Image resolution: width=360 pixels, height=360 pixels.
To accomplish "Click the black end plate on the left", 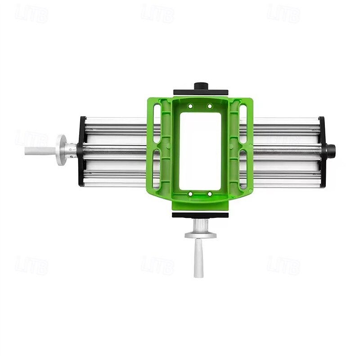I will pyautogui.click(x=82, y=151).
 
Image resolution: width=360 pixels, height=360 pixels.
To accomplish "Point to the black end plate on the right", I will pyautogui.click(x=321, y=150).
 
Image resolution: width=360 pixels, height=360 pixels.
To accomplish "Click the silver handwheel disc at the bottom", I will pyautogui.click(x=200, y=235).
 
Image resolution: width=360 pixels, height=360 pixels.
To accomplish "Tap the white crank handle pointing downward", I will pyautogui.click(x=198, y=259).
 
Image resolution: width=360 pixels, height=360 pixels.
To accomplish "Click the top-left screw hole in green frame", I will pyautogui.click(x=190, y=106).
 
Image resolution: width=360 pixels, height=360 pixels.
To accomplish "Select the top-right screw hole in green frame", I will pyautogui.click(x=210, y=106).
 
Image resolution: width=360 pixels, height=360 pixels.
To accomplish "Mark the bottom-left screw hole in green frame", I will pyautogui.click(x=190, y=194).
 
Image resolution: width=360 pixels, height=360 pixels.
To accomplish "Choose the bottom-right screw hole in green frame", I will pyautogui.click(x=210, y=194).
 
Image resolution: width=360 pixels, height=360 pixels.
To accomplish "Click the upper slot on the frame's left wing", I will pyautogui.click(x=156, y=120).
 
